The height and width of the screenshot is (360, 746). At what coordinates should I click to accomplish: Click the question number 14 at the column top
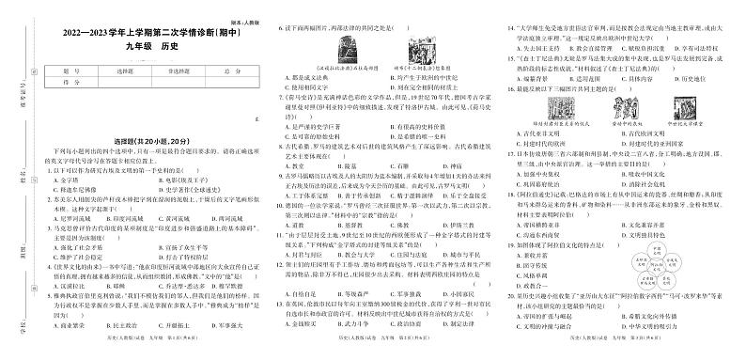[x=511, y=15]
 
